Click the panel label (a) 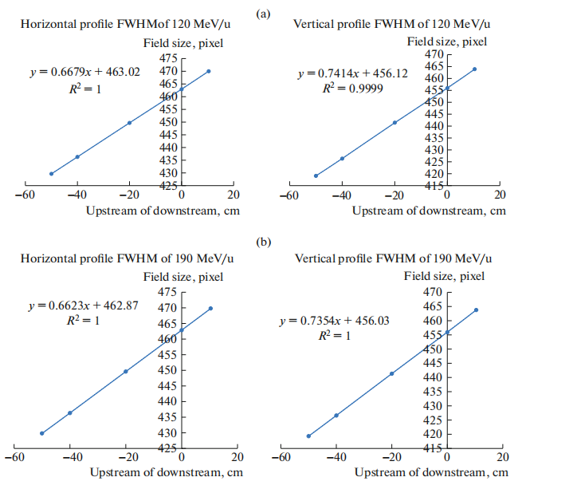click(x=285, y=13)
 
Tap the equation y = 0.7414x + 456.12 click(x=352, y=73)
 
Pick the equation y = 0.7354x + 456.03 click(x=334, y=320)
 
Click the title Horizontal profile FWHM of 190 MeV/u click(x=127, y=259)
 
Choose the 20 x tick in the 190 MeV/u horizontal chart click(x=237, y=458)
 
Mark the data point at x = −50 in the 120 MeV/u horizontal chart click(x=51, y=173)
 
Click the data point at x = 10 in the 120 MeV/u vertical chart click(x=474, y=69)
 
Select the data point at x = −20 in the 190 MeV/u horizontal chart click(x=126, y=371)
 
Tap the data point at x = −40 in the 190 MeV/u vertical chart click(x=336, y=415)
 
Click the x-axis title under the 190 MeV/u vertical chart click(x=430, y=472)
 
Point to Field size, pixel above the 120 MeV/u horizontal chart click(x=182, y=43)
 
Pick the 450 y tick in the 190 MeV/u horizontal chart click(x=167, y=370)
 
